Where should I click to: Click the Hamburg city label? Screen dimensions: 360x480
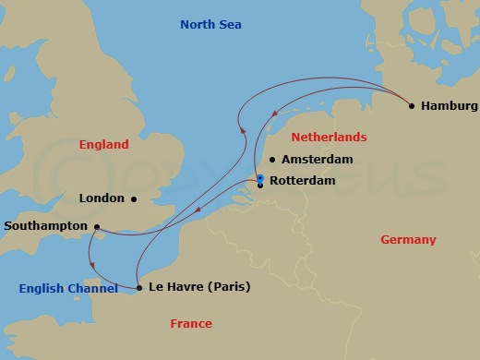(450, 106)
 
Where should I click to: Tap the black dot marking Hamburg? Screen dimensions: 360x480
(412, 106)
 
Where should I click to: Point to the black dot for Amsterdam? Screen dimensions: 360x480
(271, 160)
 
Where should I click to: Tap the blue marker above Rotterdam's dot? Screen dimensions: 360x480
(261, 178)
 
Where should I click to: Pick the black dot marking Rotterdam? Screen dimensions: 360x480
(261, 186)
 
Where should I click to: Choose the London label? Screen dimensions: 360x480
(102, 198)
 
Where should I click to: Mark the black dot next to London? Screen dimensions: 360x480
(134, 198)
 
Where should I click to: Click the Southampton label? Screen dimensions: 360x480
(45, 226)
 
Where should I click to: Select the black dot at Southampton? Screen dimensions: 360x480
(97, 226)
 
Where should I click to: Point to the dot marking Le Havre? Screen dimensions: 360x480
(139, 288)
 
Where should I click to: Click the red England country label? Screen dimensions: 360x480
(103, 145)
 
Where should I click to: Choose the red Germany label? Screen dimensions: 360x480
(407, 240)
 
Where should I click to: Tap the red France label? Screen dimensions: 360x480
(191, 324)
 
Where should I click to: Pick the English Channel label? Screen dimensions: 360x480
(68, 289)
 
